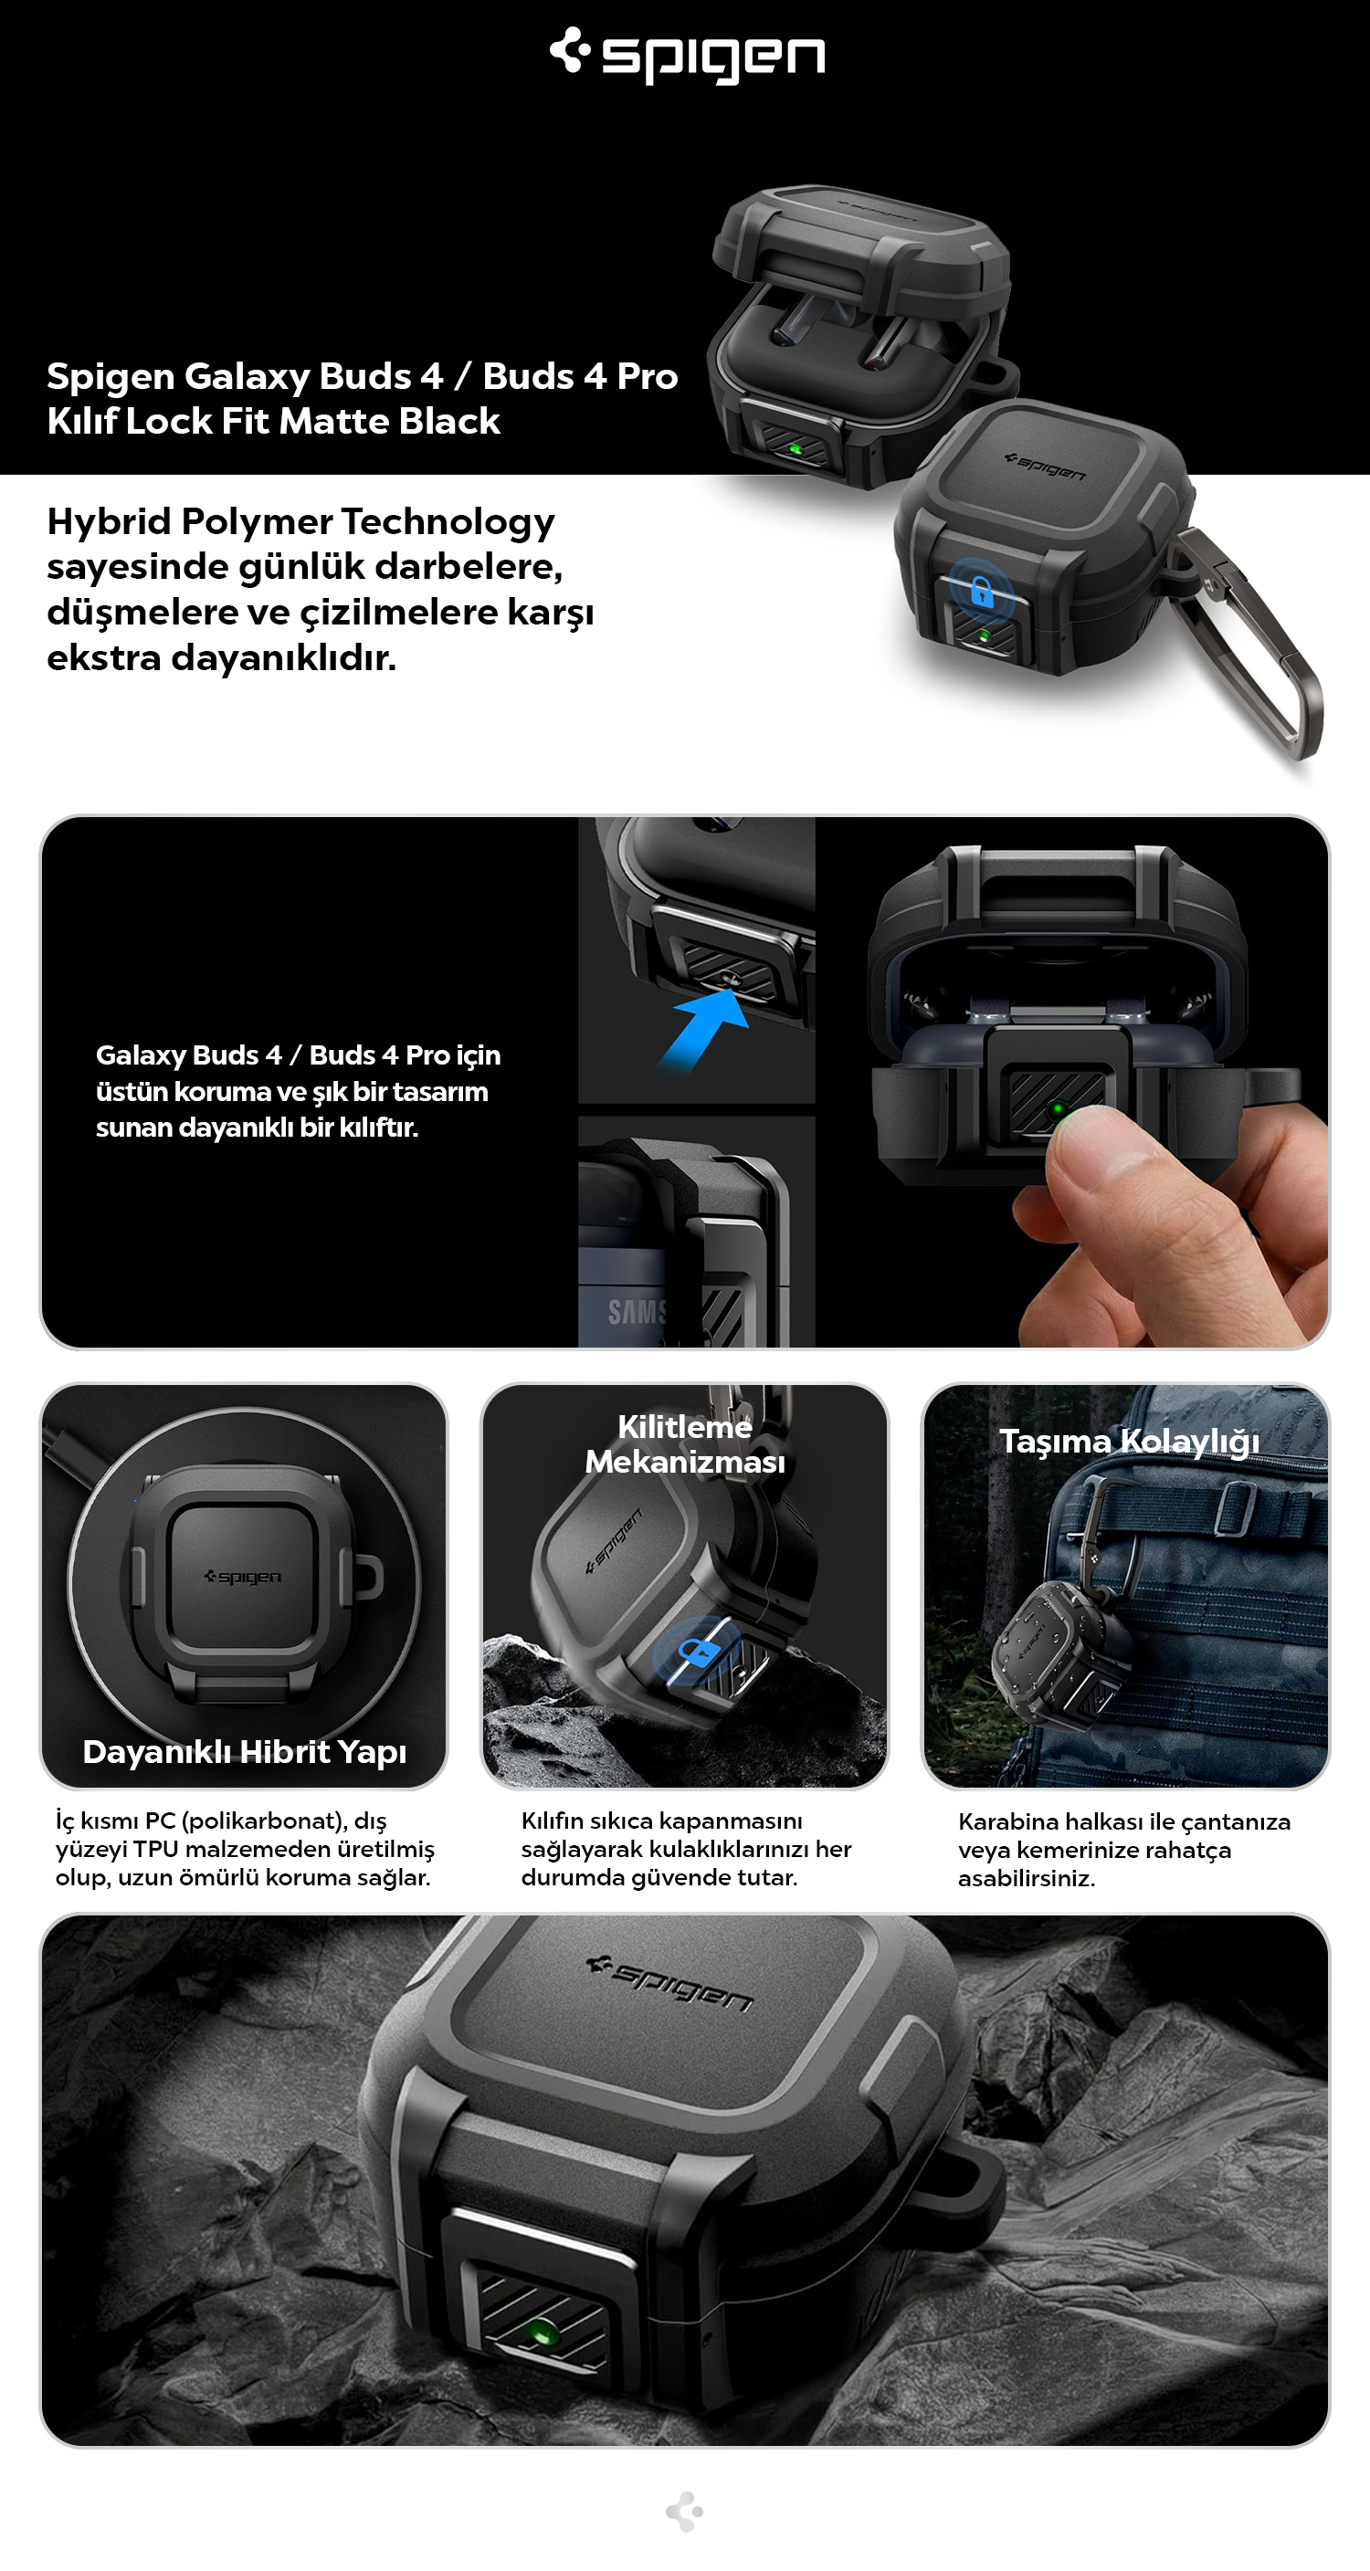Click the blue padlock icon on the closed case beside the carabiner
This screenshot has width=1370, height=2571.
[x=982, y=593]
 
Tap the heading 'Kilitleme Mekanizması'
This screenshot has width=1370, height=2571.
[x=685, y=1444]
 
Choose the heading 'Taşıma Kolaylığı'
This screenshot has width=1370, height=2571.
[x=1130, y=1443]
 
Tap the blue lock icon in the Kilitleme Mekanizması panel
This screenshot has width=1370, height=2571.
[x=700, y=1652]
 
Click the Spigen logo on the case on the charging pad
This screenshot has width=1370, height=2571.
[x=243, y=1577]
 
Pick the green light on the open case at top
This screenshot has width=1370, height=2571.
[x=796, y=448]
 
